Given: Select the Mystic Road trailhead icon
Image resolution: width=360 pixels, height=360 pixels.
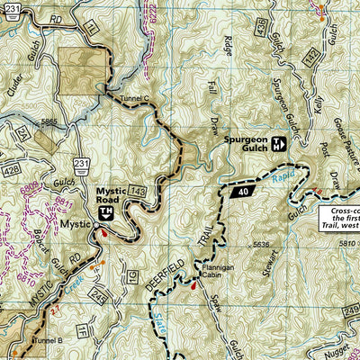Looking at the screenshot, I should (105, 211).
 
